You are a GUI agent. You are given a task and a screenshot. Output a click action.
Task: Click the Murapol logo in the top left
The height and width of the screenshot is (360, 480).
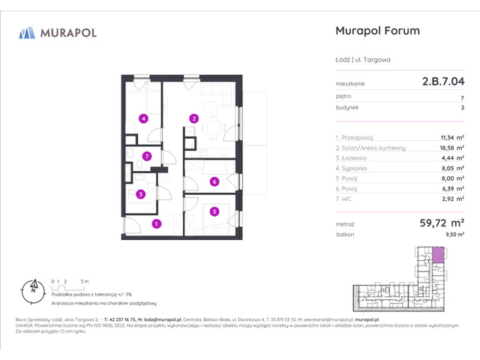58,32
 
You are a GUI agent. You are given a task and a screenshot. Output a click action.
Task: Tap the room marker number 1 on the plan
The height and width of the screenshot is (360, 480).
156,223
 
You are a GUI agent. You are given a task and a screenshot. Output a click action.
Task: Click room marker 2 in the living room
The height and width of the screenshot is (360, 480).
193,118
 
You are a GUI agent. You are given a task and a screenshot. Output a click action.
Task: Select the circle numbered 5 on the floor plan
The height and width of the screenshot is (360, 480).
214,211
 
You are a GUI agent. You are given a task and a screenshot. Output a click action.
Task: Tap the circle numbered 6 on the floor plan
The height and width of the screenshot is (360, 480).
214,181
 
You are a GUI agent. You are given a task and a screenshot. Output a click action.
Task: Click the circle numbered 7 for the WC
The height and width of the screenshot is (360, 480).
148,156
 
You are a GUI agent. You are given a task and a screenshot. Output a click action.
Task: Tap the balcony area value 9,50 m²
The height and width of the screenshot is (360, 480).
454,235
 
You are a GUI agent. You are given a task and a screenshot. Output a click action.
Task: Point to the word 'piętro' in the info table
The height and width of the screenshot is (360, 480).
343,96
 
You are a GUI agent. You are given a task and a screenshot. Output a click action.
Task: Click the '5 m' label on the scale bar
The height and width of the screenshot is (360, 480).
86,280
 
